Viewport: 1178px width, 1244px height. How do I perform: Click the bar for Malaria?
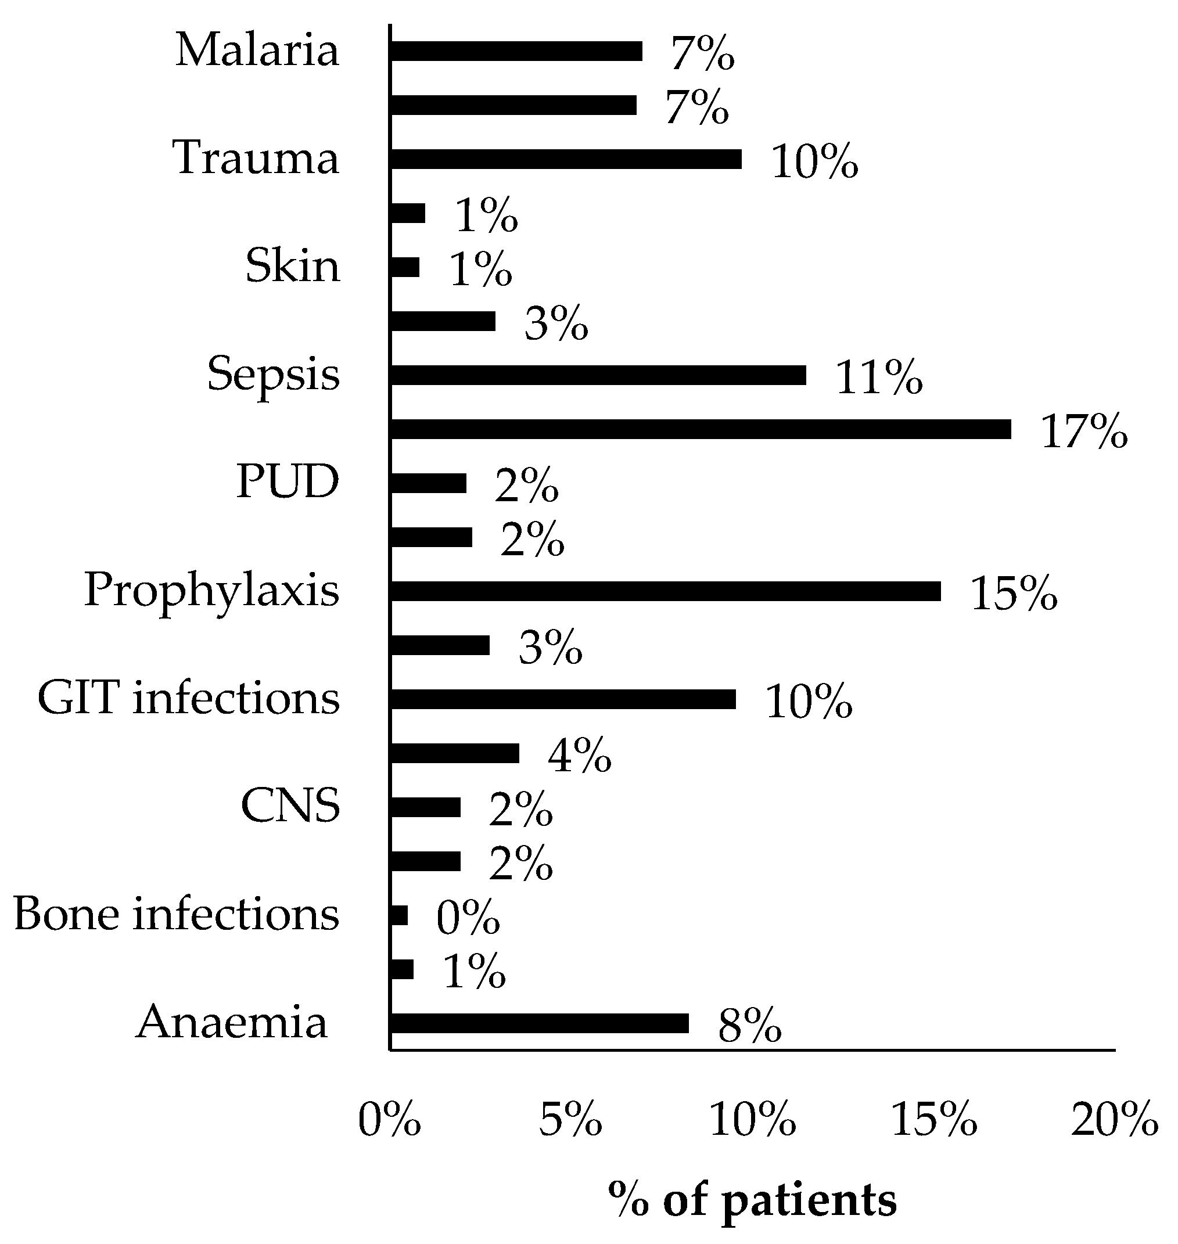coord(516,52)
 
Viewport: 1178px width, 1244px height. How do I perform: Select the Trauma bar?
coord(565,160)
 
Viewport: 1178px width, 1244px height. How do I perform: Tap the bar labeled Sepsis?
coord(597,376)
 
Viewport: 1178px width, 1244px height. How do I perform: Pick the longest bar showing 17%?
coord(700,430)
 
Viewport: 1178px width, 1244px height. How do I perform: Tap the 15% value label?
coord(1014,594)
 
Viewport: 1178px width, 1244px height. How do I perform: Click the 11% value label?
coord(878,379)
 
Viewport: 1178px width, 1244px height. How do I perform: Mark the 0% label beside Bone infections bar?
coord(468,919)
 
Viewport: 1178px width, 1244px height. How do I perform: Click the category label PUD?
coord(288,482)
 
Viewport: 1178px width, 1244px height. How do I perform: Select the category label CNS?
coord(290,806)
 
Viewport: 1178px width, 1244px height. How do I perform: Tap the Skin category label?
coord(293,266)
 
